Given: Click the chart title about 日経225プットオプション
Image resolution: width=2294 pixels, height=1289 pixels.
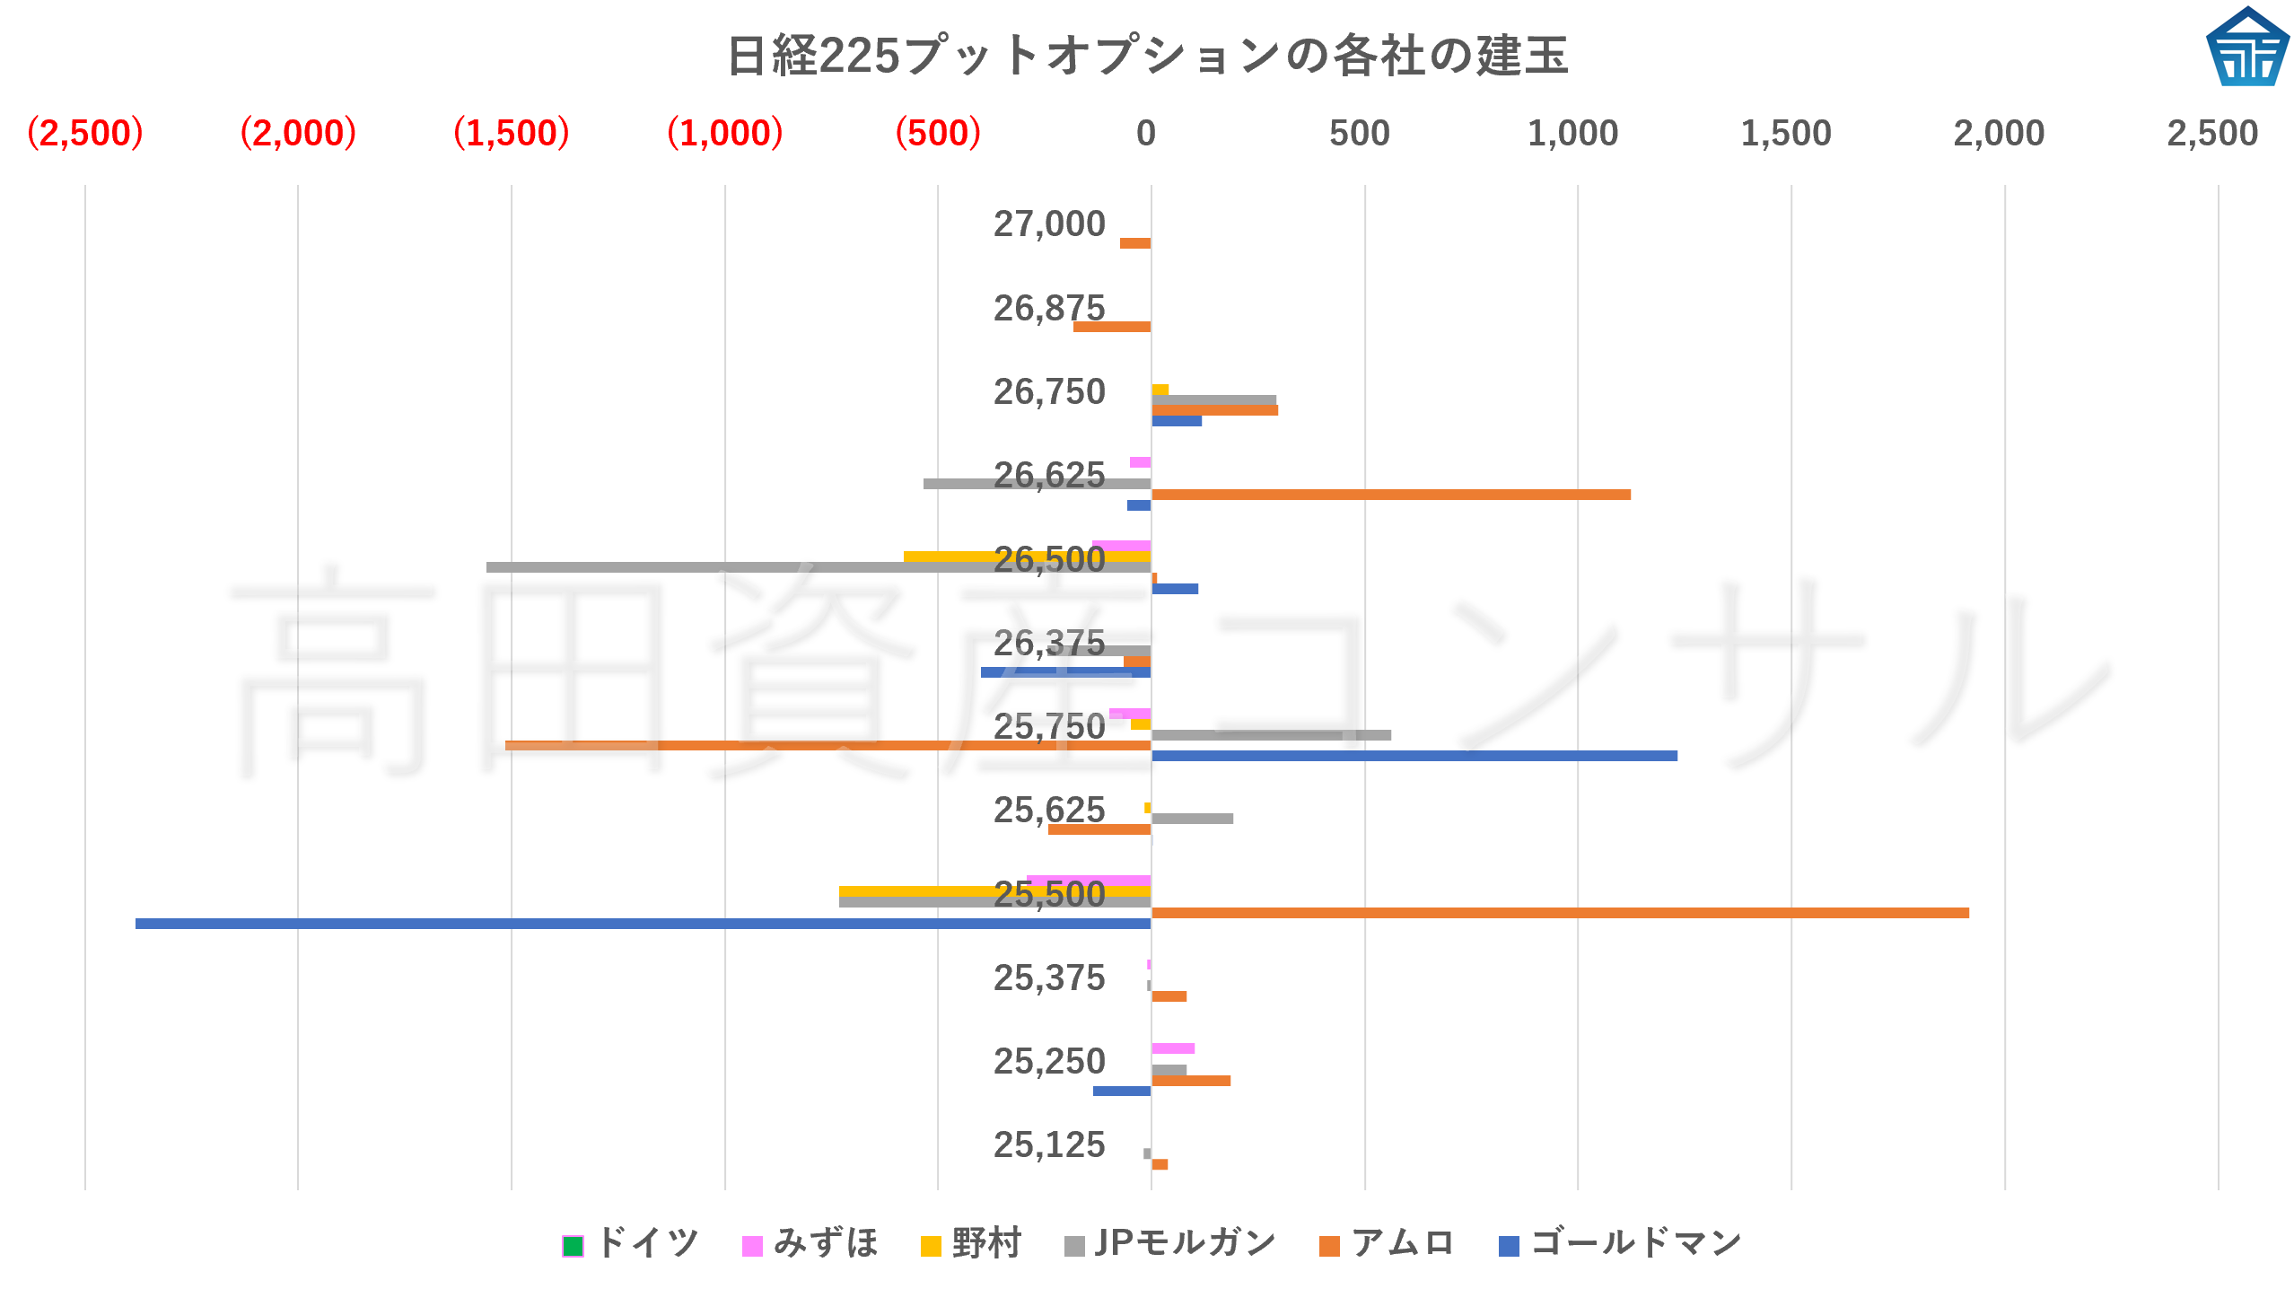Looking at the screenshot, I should click(x=1147, y=56).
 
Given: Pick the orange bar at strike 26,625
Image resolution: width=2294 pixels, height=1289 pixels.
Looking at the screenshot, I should click(x=1390, y=495).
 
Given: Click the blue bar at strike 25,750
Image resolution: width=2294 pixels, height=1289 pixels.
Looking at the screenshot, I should click(x=1414, y=756).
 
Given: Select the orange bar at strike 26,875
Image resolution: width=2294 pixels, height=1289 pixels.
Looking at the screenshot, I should click(x=1111, y=327).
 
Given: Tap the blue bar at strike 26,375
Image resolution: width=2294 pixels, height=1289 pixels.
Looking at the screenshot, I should click(x=1065, y=672).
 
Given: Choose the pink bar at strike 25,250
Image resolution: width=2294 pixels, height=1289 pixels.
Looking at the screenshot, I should click(x=1172, y=1048).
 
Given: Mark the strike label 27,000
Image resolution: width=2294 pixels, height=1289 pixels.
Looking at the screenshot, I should click(x=1048, y=224).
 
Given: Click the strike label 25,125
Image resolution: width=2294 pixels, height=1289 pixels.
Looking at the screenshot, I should click(x=1048, y=1145).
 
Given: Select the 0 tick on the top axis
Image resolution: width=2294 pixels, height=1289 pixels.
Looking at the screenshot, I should click(x=1145, y=134).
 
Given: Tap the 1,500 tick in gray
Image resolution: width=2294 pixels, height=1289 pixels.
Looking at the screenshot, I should click(x=1785, y=134).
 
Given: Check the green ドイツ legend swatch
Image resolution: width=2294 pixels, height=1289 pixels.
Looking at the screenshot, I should click(x=573, y=1246).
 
